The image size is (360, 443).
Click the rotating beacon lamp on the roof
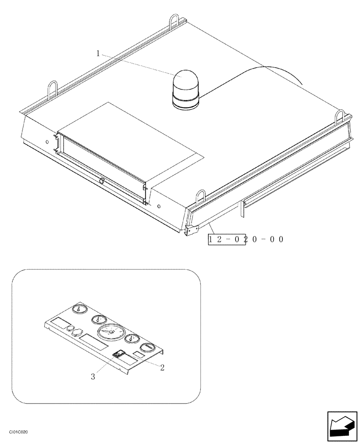coord(186,90)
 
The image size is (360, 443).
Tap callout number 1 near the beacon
coord(98,54)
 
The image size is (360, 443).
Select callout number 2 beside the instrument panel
coord(162,367)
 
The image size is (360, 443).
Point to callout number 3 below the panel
coord(93,377)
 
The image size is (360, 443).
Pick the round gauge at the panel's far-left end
coord(78,309)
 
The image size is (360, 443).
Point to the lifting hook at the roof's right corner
coord(339,117)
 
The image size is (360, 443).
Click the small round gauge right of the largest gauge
coord(131,339)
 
